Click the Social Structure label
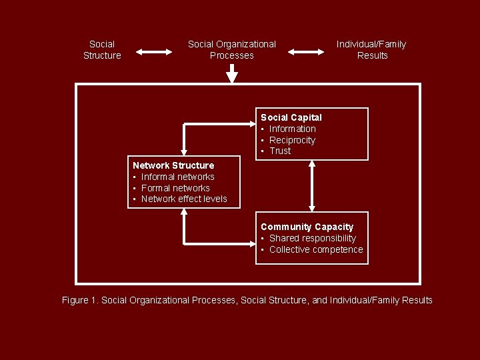pos(102,50)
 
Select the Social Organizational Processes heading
pos(231,50)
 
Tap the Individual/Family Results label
pos(371,50)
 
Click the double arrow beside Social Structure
pos(154,50)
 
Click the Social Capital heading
pos(291,117)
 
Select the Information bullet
pos(292,129)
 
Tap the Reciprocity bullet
pos(292,140)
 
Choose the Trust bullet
pos(280,151)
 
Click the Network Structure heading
pos(173,165)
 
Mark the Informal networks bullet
pos(177,177)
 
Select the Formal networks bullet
pos(175,188)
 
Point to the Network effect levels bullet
pos(184,199)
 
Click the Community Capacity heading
pos(307,227)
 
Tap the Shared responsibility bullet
pos(312,238)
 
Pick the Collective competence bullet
pos(316,249)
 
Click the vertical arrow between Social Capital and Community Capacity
pos(311,185)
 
